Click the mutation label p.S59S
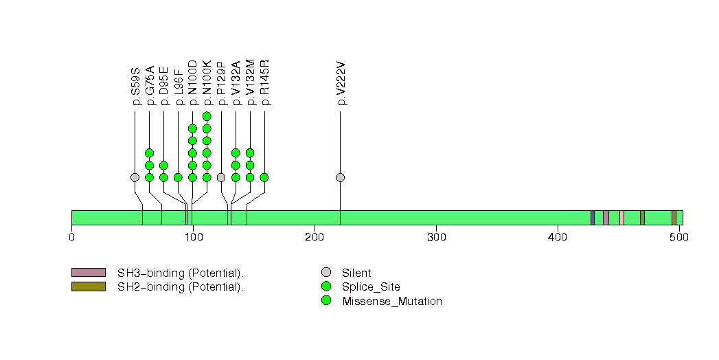135,86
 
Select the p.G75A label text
150,86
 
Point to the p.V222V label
341,84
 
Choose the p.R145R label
265,83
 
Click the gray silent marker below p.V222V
341,177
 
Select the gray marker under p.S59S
135,177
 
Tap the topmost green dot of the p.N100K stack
207,116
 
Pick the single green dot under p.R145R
264,177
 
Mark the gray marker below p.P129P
221,177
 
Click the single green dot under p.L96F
178,177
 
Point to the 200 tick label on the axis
315,238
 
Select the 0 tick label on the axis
72,238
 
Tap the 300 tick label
436,238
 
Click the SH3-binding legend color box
89,273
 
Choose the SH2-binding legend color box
89,286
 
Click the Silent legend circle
326,273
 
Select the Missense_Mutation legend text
392,301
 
